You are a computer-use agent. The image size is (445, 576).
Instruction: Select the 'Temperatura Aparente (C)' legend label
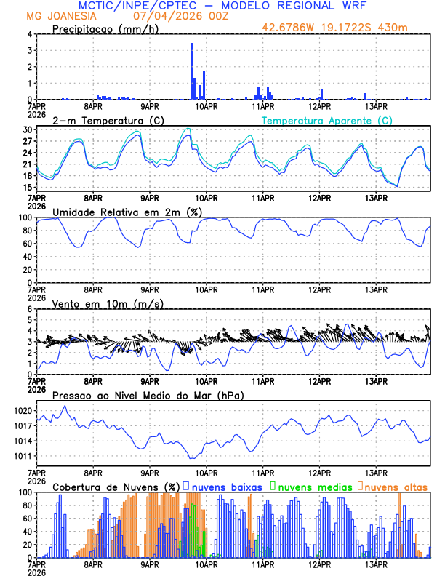pyautogui.click(x=327, y=120)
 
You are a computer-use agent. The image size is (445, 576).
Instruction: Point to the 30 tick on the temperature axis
pyautogui.click(x=28, y=130)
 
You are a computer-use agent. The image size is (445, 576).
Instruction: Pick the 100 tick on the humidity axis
pyautogui.click(x=26, y=217)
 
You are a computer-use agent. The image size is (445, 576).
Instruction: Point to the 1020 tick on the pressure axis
pyautogui.click(x=24, y=411)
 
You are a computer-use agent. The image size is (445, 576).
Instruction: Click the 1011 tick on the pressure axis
pyautogui.click(x=24, y=456)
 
